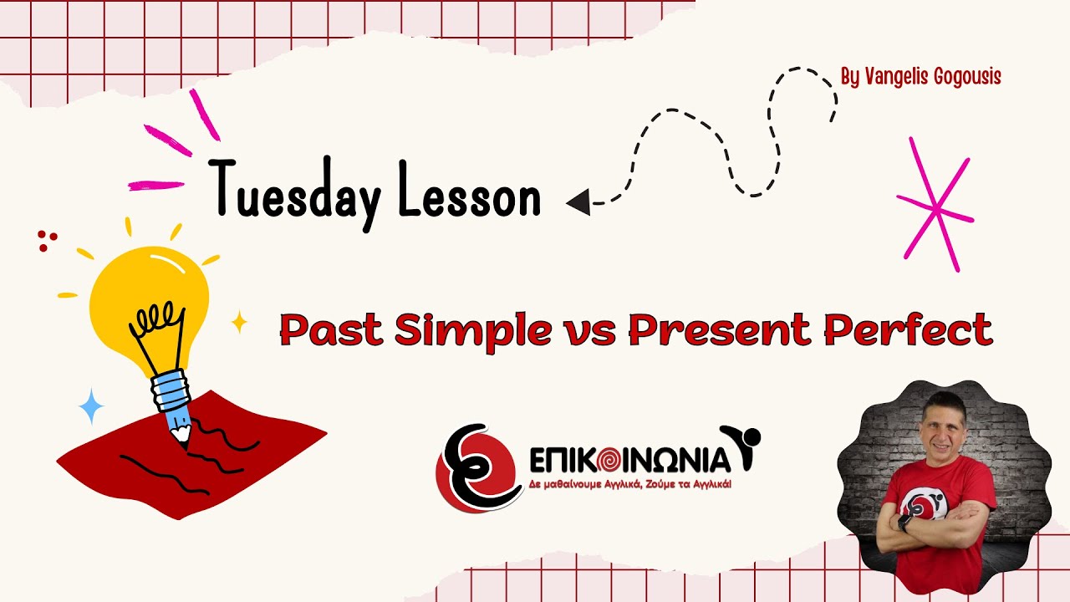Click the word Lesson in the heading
pyautogui.click(x=470, y=196)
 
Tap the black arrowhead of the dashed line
pyautogui.click(x=578, y=202)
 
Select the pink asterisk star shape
pyautogui.click(x=936, y=206)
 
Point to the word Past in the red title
pyautogui.click(x=332, y=330)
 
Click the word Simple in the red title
pyautogui.click(x=472, y=332)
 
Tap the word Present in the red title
pyautogui.click(x=721, y=330)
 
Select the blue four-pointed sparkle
pyautogui.click(x=91, y=406)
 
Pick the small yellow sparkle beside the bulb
pyautogui.click(x=240, y=322)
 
